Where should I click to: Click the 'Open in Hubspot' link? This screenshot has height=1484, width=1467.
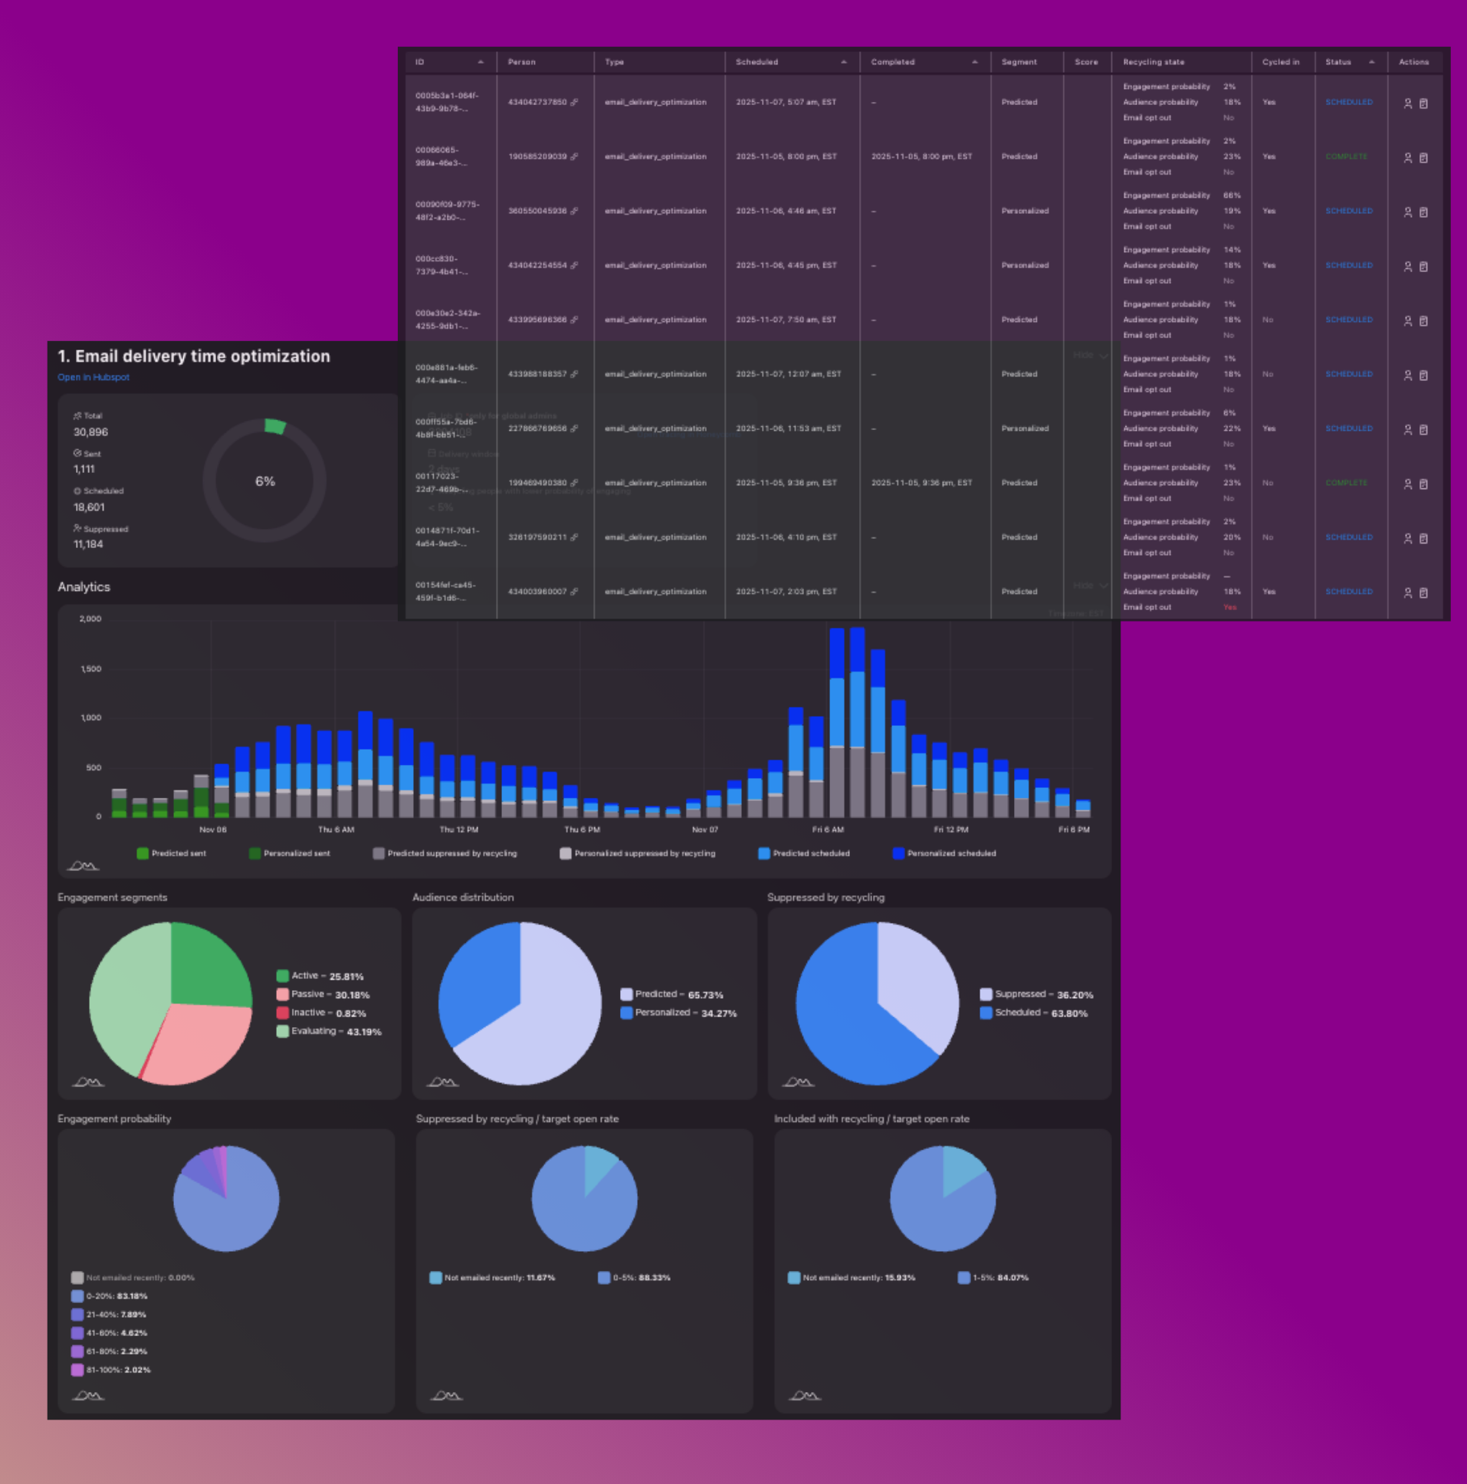(93, 377)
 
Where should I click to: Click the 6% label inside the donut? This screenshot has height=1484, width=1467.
(265, 481)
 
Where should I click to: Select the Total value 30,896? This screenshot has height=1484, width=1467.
(90, 432)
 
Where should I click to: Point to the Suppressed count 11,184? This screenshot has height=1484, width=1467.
(88, 543)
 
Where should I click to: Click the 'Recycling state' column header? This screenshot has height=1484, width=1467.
(1153, 62)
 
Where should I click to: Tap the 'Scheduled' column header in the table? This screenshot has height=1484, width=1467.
(756, 62)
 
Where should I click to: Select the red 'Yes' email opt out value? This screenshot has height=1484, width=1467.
(1229, 608)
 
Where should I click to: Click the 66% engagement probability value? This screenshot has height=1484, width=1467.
(1231, 196)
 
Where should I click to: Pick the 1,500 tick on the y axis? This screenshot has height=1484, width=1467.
(90, 669)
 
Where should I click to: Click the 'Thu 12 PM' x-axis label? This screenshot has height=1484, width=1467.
(458, 829)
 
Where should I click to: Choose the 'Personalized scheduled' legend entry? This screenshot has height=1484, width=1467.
(951, 853)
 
